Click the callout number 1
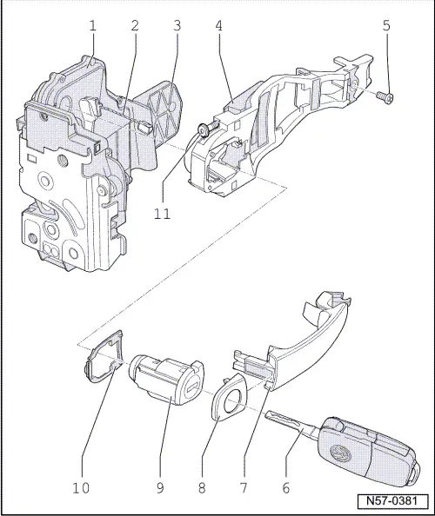click(x=91, y=26)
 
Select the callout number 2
click(x=134, y=26)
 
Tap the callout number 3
click(x=177, y=26)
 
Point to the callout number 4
click(x=219, y=26)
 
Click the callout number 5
click(x=386, y=26)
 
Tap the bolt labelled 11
click(x=201, y=131)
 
